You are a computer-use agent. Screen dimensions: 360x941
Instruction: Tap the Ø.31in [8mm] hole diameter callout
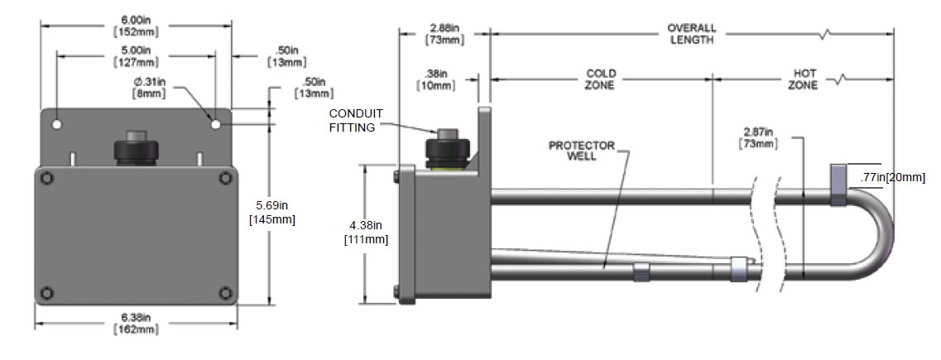click(149, 88)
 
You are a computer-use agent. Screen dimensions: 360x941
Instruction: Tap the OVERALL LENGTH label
click(691, 34)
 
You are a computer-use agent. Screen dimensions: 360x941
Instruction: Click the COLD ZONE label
click(601, 79)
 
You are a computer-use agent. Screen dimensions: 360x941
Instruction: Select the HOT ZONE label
click(802, 79)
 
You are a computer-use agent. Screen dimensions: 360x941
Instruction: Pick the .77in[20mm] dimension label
click(891, 177)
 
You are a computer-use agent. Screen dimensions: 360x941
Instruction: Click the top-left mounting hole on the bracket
click(57, 124)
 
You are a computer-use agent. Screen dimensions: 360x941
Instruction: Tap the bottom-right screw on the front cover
click(225, 291)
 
